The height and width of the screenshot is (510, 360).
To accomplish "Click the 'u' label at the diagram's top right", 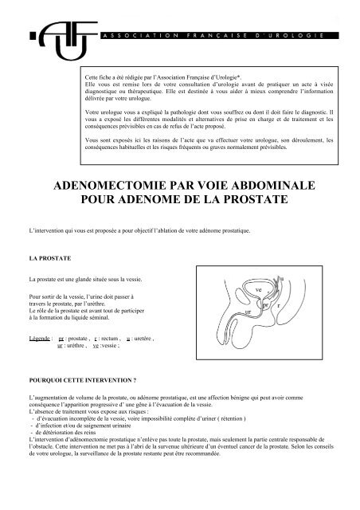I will tap(281, 277).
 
